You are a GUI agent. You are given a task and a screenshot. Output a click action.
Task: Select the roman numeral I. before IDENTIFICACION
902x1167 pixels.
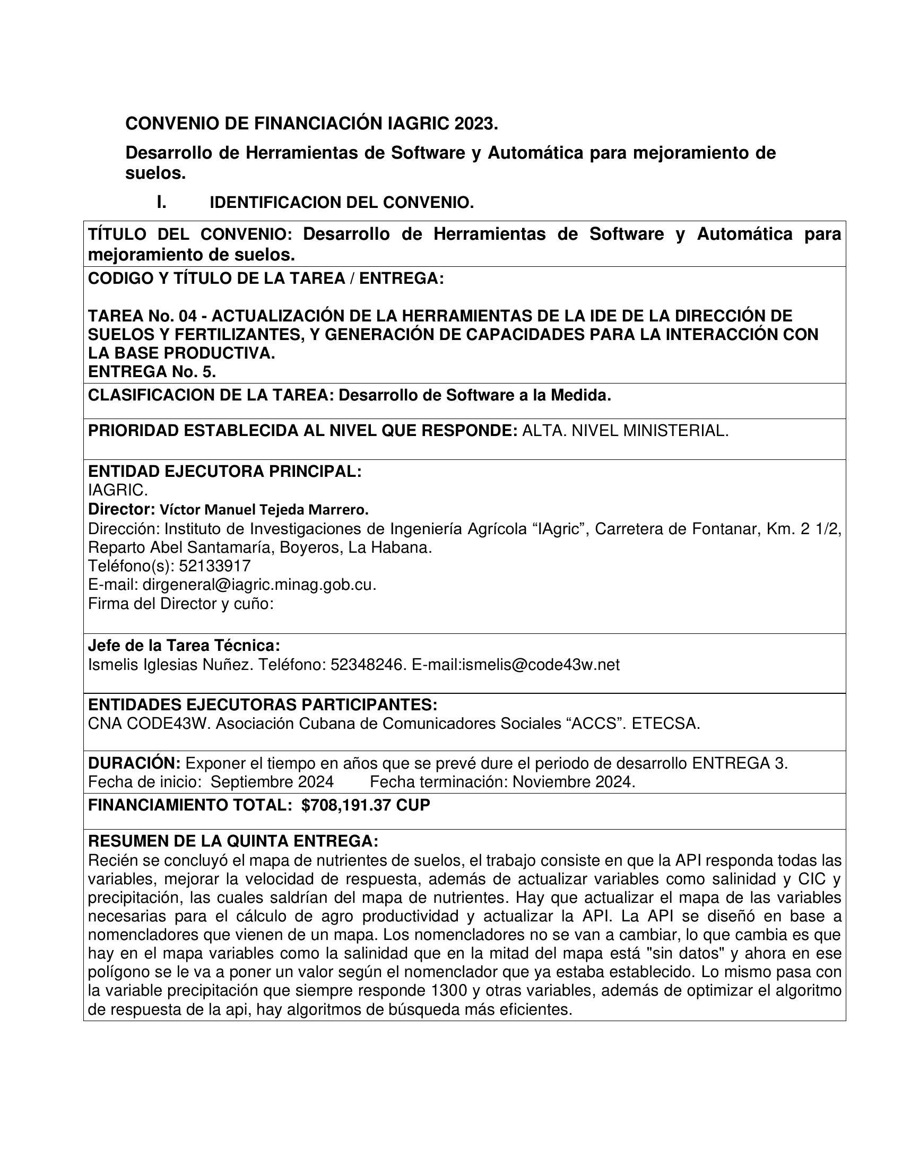click(161, 203)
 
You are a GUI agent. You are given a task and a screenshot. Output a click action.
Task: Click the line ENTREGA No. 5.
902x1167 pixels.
click(152, 371)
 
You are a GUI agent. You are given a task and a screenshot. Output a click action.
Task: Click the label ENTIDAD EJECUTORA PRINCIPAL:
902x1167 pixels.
click(224, 471)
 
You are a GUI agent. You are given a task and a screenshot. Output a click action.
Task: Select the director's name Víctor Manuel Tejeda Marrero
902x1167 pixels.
click(264, 510)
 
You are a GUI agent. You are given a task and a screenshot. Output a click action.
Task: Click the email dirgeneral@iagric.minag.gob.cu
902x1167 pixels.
click(258, 585)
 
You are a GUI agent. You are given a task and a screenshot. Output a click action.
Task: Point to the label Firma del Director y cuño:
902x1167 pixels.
click(180, 604)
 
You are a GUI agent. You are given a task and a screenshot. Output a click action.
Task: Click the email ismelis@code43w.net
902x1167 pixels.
click(540, 665)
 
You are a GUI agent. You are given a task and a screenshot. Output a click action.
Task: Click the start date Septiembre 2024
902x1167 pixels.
click(272, 782)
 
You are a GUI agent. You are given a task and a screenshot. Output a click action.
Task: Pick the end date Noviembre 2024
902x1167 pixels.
click(573, 782)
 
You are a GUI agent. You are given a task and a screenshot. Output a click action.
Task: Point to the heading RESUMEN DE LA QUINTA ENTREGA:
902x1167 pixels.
click(233, 842)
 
